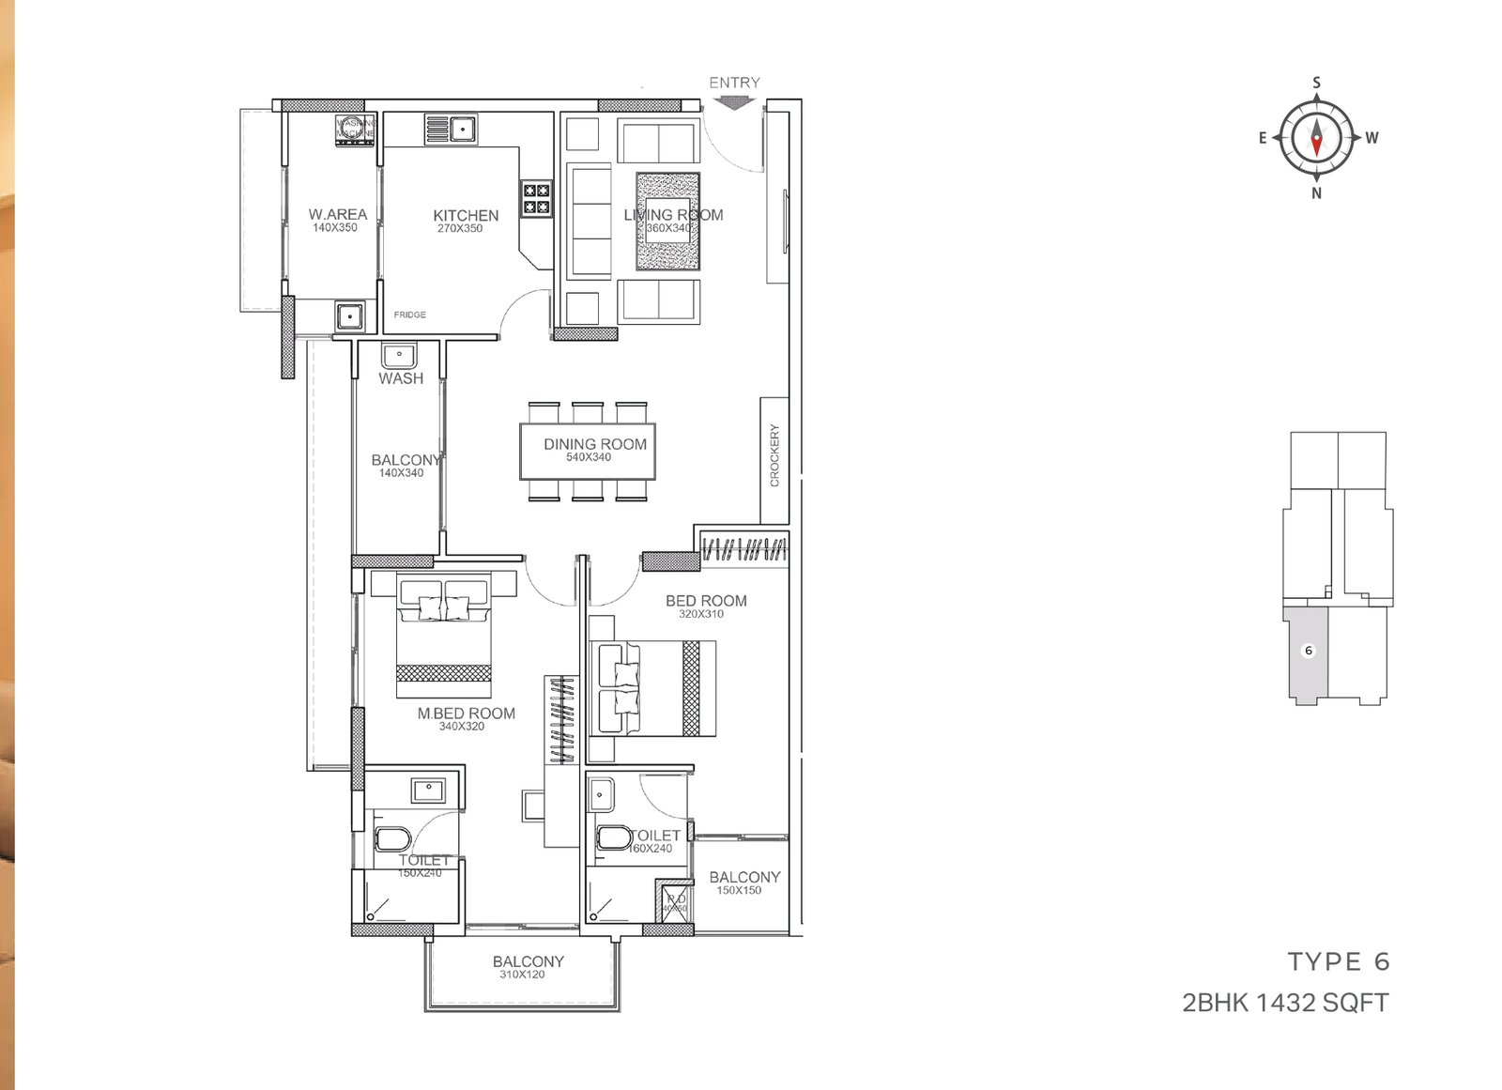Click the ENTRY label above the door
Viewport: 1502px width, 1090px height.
[x=734, y=83]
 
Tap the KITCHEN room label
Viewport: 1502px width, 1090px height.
[x=466, y=215]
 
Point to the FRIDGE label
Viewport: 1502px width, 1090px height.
[x=409, y=315]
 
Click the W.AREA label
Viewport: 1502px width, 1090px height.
[x=338, y=214]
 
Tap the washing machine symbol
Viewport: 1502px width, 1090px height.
[x=356, y=131]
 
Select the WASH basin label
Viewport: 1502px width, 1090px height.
[x=401, y=378]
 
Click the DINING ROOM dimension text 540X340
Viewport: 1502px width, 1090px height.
[x=589, y=457]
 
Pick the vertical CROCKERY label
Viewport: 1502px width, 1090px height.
[x=774, y=455]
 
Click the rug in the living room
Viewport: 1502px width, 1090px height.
[x=668, y=222]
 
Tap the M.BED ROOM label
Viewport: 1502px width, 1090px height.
[x=466, y=714]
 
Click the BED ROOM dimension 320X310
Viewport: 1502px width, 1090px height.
[x=701, y=614]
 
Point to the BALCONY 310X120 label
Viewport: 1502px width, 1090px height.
[x=528, y=961]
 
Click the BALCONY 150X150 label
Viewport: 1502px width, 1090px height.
[x=744, y=877]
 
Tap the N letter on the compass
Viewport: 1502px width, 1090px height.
[x=1316, y=193]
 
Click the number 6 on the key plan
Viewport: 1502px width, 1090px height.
[x=1309, y=651]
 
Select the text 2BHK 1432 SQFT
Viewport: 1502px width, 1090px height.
[x=1285, y=1003]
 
